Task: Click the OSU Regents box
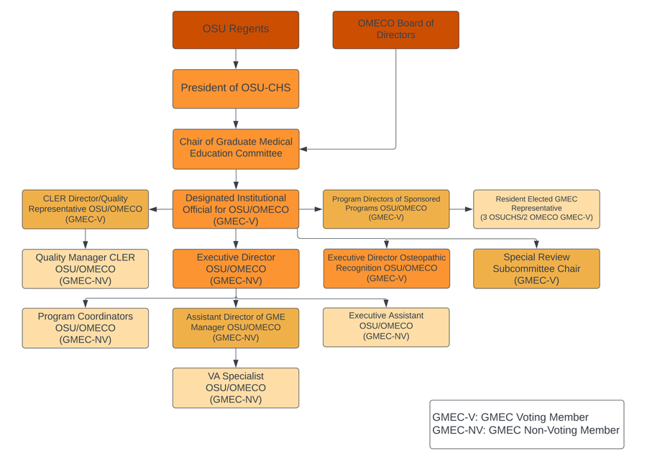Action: (236, 29)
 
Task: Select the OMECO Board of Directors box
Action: (395, 29)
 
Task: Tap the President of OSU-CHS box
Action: (236, 88)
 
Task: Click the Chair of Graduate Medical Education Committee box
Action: (236, 149)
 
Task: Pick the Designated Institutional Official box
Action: (236, 209)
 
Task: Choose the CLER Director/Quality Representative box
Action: (86, 209)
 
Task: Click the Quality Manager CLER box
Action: (86, 269)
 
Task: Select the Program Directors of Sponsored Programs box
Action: (386, 209)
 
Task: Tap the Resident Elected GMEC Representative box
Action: (536, 209)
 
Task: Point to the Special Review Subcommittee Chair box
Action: (536, 269)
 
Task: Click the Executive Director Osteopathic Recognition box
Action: (387, 269)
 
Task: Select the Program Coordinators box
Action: (86, 328)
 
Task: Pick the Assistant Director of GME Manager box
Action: (236, 328)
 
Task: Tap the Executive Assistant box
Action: (386, 327)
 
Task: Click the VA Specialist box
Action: (236, 388)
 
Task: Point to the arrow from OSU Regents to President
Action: (236, 59)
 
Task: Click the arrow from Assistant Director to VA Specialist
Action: (236, 358)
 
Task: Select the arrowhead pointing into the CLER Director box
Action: (153, 209)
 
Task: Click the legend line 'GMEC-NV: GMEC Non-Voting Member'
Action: (526, 431)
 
